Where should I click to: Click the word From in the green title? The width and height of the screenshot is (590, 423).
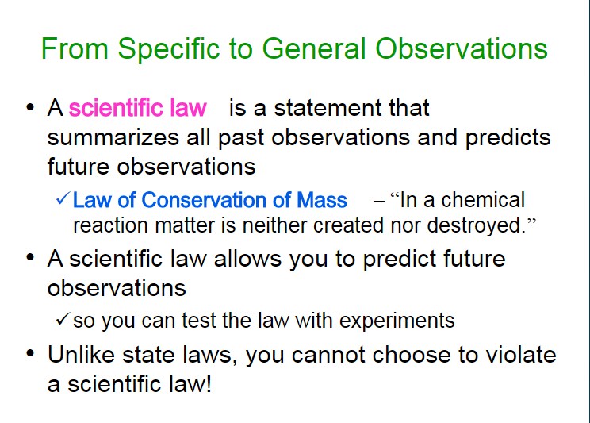[75, 48]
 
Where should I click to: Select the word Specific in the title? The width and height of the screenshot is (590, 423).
[169, 50]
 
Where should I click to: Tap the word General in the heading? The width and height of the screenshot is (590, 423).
[314, 48]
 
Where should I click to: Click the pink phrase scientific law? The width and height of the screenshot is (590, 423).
[138, 108]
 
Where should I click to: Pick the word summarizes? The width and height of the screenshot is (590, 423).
[113, 138]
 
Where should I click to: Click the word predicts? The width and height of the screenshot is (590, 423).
[508, 138]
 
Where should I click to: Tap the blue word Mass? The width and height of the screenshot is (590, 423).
[322, 200]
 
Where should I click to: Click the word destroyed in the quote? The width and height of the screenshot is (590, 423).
[476, 225]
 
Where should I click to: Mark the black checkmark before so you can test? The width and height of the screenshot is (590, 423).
[63, 318]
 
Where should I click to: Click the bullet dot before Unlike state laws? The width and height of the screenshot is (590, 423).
[30, 353]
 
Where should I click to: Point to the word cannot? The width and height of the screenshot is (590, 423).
[328, 356]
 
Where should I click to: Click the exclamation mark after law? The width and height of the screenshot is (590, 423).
[209, 383]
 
